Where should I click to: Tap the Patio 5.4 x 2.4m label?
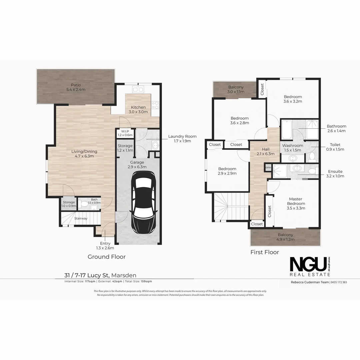click(76, 87)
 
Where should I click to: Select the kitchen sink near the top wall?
click(138, 89)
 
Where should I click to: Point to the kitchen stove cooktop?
click(155, 105)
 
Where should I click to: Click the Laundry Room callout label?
click(182, 139)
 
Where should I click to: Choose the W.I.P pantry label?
click(125, 133)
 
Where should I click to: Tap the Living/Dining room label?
click(84, 154)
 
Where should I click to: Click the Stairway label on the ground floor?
click(81, 219)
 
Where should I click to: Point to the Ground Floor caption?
click(107, 257)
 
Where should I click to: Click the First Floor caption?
click(265, 252)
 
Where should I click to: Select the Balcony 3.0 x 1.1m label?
click(236, 89)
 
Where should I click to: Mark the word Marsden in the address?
click(124, 275)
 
